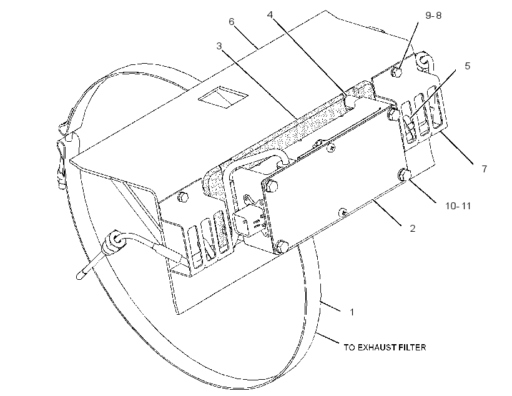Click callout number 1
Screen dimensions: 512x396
pos(352,312)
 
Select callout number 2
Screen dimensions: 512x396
pos(412,229)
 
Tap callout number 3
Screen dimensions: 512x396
pos(219,46)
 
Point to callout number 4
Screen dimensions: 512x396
pos(270,15)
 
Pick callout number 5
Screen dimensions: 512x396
pos(467,66)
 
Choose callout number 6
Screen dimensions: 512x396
pos(232,22)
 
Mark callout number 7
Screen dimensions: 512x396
pos(485,169)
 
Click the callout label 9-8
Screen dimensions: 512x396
pos(433,16)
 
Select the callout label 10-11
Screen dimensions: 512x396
pos(458,206)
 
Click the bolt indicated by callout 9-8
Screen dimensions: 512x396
pos(396,72)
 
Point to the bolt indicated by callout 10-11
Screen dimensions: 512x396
pos(404,175)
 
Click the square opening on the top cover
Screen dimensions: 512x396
pos(224,97)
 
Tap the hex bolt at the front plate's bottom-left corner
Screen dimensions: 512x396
pos(282,246)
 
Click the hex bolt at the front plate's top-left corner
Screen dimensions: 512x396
pos(272,186)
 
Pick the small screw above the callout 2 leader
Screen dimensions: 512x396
pos(343,213)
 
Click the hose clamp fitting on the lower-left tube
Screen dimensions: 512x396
pos(112,243)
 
